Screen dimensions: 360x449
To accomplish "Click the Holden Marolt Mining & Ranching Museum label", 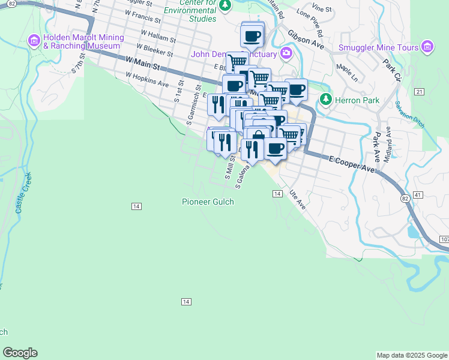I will (83, 41).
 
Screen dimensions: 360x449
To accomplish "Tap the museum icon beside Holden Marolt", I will (34, 41).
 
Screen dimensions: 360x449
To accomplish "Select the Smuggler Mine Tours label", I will (378, 47).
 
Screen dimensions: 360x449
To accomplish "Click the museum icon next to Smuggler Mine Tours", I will (427, 47).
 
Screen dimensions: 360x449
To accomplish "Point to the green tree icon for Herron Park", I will (325, 100).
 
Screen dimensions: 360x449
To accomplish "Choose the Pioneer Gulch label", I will (208, 202).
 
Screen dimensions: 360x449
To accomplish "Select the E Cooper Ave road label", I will (351, 163).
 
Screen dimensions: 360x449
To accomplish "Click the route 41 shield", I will (418, 196).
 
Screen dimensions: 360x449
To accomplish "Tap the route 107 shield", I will (444, 239).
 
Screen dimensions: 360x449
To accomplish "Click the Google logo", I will (20, 353).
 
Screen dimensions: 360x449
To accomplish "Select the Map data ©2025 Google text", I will (411, 355).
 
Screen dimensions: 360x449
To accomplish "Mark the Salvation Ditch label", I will (410, 114).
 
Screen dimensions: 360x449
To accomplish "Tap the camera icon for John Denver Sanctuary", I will (286, 54).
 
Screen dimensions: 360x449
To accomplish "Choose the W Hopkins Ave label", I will (147, 80).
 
